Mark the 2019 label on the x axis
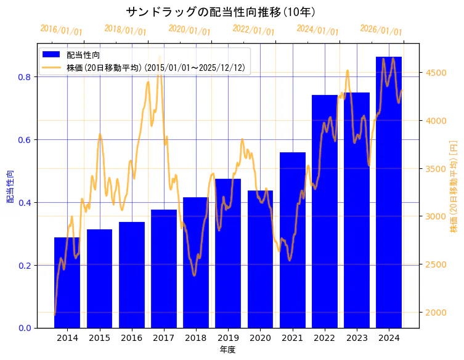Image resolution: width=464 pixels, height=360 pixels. (x=228, y=338)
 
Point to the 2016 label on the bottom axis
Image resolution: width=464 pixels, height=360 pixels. (x=131, y=338)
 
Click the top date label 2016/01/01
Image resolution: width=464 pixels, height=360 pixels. (x=61, y=30)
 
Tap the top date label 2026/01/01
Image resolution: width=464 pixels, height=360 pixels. (x=381, y=30)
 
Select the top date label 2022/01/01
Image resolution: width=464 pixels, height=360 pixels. (x=253, y=30)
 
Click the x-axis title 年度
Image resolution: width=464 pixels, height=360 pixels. (x=227, y=350)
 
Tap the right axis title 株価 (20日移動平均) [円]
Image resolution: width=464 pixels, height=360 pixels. (x=454, y=186)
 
